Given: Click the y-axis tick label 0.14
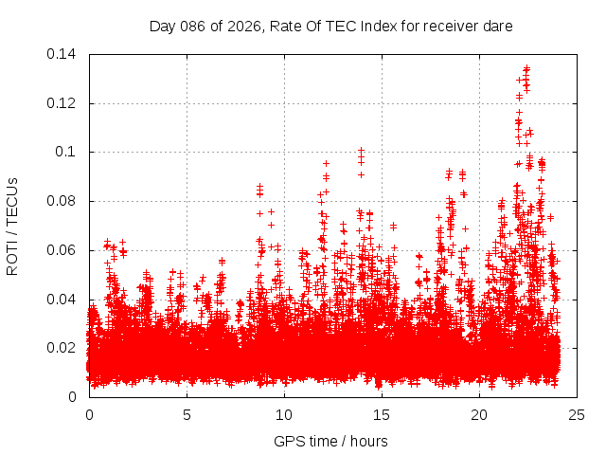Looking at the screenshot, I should click(63, 54).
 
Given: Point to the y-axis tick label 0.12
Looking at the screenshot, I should click(63, 103).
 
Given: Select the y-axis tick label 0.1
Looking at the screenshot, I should click(67, 152).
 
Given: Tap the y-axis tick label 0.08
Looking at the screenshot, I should click(63, 201).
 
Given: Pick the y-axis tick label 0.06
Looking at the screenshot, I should click(63, 250).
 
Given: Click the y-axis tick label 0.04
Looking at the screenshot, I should click(63, 300).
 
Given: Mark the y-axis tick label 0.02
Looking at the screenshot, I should click(63, 348).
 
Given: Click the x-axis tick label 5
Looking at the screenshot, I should click(187, 414).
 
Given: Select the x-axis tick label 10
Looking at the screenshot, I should click(284, 414).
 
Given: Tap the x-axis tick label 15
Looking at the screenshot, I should click(382, 414).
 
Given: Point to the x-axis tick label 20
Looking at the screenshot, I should click(479, 414).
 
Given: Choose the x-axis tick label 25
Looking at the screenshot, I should click(577, 414).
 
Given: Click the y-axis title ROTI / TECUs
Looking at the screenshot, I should click(12, 226).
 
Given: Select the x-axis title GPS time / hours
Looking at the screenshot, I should click(330, 441).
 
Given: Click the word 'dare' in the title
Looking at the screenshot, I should click(498, 27).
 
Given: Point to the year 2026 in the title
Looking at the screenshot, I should click(241, 27).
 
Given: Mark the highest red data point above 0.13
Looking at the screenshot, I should click(526, 67).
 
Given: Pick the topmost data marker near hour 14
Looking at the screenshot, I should click(361, 150).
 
